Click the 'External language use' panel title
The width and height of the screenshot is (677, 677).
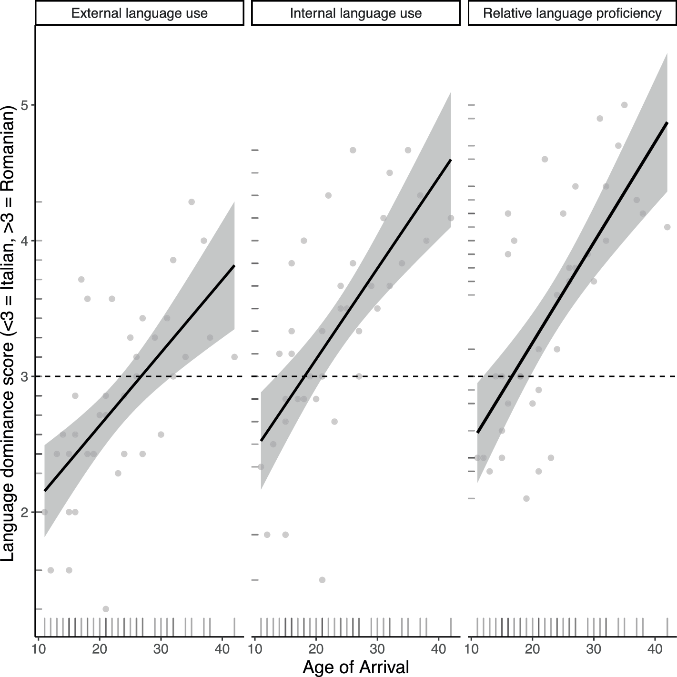pyautogui.click(x=139, y=13)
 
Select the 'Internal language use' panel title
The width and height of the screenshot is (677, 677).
pyautogui.click(x=356, y=13)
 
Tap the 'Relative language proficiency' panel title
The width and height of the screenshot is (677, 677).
pyautogui.click(x=572, y=13)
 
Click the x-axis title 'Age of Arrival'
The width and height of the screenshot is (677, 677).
pyautogui.click(x=356, y=667)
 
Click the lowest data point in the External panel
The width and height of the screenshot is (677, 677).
pyautogui.click(x=106, y=609)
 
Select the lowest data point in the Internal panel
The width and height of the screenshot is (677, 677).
pyautogui.click(x=322, y=580)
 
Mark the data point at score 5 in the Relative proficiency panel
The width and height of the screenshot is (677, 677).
pyautogui.click(x=624, y=105)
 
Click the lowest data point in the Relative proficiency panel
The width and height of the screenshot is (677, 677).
pyautogui.click(x=526, y=498)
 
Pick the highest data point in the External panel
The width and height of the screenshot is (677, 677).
pyautogui.click(x=192, y=202)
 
